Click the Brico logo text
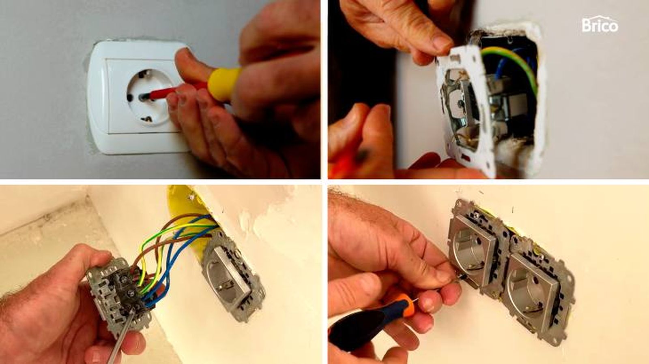(x=600, y=25)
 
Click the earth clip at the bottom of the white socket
(x=147, y=119)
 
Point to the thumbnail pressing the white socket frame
(x=442, y=43)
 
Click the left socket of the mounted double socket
(x=475, y=251)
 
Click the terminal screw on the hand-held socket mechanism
(x=132, y=294)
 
